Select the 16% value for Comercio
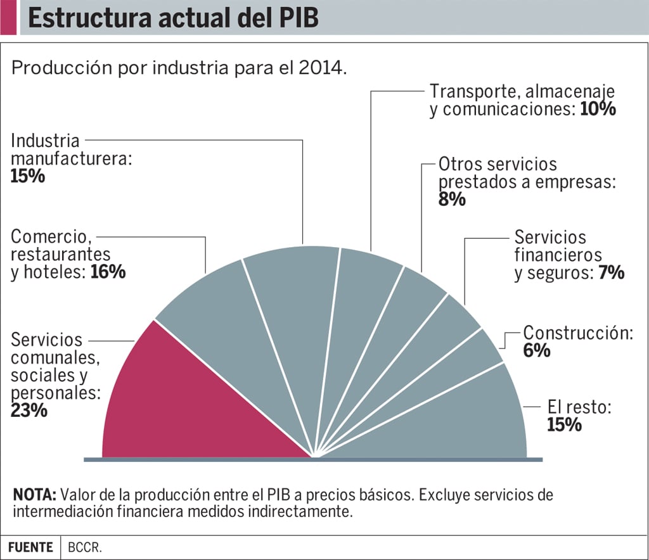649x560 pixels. tap(110, 272)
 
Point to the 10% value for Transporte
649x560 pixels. tap(598, 109)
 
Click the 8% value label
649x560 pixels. tap(452, 200)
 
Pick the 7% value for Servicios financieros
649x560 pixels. tap(612, 274)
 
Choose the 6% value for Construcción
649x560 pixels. tap(537, 350)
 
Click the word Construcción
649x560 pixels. tap(577, 333)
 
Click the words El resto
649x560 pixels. tap(579, 407)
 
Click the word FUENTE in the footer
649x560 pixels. tap(30, 547)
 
